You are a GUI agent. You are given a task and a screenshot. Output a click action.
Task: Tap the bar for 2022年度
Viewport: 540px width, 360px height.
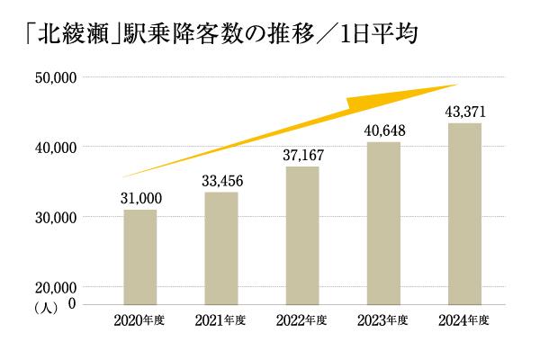301,235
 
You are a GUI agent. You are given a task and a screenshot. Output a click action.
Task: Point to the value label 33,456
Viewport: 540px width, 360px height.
220,181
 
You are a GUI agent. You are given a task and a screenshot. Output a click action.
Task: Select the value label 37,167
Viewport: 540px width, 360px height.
301,156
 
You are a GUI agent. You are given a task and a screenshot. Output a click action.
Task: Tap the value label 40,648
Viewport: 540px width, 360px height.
383,131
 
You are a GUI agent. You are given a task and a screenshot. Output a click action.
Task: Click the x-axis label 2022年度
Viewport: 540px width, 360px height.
301,321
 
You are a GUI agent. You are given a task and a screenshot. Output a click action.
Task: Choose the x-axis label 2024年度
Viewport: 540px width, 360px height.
464,321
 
